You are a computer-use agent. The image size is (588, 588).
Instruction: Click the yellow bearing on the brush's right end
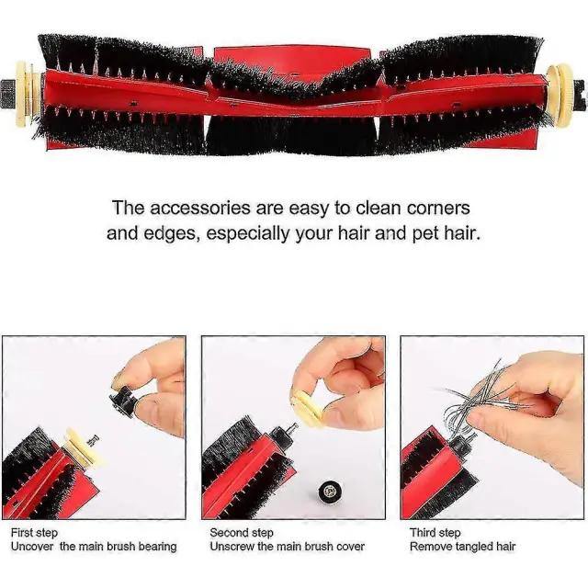(560, 95)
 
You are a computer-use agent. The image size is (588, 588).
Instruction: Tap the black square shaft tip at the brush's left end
(7, 93)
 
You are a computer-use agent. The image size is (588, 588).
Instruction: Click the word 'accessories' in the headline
(200, 208)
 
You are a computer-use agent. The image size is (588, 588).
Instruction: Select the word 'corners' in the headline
(438, 208)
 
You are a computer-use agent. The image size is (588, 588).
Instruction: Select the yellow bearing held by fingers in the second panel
(306, 405)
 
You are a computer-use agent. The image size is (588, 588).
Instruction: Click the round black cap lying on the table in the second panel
(330, 492)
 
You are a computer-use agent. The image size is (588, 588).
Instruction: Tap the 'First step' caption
(35, 533)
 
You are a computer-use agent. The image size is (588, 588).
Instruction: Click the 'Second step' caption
(242, 533)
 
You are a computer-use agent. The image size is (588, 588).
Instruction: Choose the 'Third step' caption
(435, 533)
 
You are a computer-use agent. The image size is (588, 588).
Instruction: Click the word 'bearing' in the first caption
(157, 547)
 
